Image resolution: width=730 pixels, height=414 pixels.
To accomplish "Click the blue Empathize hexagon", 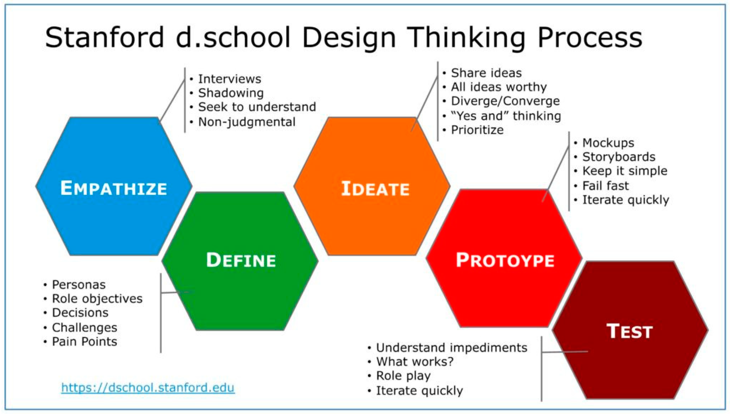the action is point(114,186).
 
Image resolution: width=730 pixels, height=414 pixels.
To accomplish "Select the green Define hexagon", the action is point(240,261).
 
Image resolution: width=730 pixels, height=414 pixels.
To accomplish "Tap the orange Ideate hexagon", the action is point(372,186).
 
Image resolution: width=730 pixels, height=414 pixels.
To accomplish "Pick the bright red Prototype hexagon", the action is point(504,258).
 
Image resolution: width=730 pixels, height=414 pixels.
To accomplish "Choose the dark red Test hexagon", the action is point(630,330).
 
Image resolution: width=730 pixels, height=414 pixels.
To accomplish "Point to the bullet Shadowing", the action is point(231,93).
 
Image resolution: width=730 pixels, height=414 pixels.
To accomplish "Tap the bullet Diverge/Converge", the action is point(505,101).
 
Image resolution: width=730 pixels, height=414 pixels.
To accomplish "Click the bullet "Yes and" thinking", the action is point(506,116).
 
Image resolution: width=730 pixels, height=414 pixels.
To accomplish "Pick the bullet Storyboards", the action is point(619,157).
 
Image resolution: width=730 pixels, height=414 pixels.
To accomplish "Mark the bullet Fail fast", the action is point(605,186).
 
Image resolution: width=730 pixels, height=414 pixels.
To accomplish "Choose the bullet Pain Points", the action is point(84,342).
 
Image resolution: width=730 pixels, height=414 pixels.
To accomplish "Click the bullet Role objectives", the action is point(97,299).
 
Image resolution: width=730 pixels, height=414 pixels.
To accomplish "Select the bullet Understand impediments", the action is point(451,348).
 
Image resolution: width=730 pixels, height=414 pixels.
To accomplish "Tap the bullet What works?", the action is point(415,362).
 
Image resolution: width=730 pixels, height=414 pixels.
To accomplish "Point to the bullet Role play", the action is point(403,376).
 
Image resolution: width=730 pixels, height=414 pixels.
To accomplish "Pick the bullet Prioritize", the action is point(477,130).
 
